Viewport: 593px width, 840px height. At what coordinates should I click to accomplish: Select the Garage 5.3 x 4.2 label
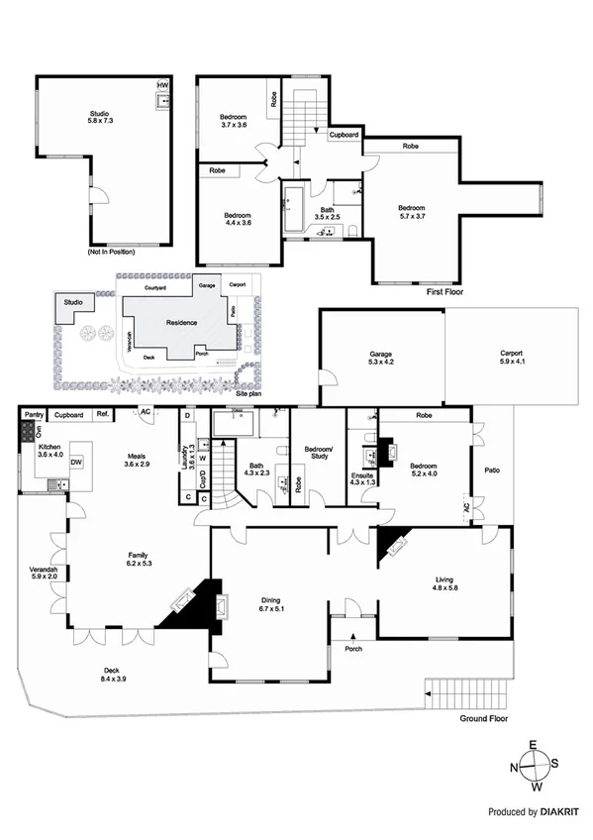pyautogui.click(x=382, y=358)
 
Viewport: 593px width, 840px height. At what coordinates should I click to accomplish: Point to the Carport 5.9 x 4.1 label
pyautogui.click(x=511, y=358)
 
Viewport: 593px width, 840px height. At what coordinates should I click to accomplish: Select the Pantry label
pyautogui.click(x=34, y=415)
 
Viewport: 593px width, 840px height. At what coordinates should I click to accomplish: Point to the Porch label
pyautogui.click(x=352, y=650)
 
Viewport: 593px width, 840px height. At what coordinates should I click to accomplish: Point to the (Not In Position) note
pyautogui.click(x=112, y=253)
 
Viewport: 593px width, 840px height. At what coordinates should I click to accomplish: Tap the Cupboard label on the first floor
pyautogui.click(x=344, y=134)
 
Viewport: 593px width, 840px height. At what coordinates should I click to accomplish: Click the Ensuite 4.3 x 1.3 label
pyautogui.click(x=363, y=479)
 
